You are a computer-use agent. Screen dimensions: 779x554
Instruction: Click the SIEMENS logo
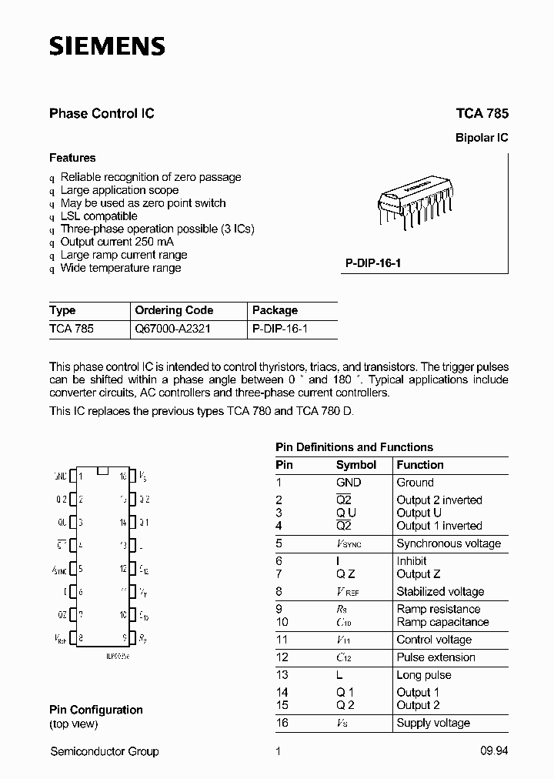pos(107,47)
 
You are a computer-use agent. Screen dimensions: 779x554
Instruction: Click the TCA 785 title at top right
pos(482,113)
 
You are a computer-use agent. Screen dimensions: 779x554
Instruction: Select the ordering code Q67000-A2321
pos(172,328)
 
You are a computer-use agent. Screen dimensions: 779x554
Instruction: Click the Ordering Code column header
pos(174,310)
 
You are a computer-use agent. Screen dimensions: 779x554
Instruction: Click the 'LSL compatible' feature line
pos(98,216)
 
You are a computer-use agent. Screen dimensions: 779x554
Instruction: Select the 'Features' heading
pos(72,158)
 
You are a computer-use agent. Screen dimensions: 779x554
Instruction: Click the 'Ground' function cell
pos(415,483)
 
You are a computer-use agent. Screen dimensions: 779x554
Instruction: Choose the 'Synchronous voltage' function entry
pos(448,543)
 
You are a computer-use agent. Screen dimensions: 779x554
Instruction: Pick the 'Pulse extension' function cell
pos(436,657)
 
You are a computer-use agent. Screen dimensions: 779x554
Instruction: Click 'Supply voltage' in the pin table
pos(432,723)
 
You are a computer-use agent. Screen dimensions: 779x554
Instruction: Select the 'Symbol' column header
pos(355,465)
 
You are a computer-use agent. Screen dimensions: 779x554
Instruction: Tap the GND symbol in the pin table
pos(349,483)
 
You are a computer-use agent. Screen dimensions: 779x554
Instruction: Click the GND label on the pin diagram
pos(60,476)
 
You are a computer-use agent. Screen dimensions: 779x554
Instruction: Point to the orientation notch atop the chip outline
pos(105,470)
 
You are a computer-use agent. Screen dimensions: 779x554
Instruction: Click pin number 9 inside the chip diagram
pos(123,637)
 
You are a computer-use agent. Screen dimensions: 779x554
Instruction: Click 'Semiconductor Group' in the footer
pos(104,751)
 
